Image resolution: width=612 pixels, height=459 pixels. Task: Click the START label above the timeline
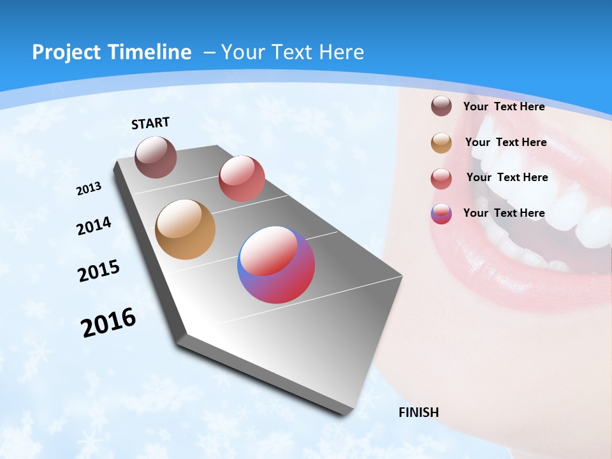click(x=150, y=123)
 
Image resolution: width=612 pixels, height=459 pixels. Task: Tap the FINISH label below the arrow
click(x=418, y=412)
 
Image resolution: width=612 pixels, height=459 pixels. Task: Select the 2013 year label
click(x=89, y=189)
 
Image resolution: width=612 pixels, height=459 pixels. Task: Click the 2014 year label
click(x=94, y=226)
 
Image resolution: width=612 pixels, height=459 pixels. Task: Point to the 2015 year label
click(x=99, y=270)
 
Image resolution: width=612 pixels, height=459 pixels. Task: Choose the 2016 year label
click(x=108, y=323)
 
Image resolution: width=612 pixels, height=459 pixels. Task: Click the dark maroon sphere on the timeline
click(x=156, y=157)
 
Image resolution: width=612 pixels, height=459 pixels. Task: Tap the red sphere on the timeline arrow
click(x=242, y=178)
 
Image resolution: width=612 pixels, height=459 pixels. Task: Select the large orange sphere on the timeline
click(x=185, y=229)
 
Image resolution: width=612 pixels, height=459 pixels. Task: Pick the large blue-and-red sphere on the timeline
click(x=276, y=265)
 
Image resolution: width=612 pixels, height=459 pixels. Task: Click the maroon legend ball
click(x=441, y=106)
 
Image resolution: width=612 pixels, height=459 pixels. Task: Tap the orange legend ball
click(x=441, y=143)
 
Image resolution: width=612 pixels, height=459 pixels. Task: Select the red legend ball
click(x=441, y=178)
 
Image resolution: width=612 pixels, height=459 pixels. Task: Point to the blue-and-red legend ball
click(x=441, y=214)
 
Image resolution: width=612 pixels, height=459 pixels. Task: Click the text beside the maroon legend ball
click(x=504, y=106)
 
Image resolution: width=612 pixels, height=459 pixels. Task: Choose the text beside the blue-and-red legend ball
click(x=504, y=213)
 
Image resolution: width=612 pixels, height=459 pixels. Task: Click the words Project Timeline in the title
click(x=112, y=52)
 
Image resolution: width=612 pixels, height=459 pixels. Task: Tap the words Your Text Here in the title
click(x=292, y=52)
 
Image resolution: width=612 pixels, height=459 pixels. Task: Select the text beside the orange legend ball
click(x=506, y=142)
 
